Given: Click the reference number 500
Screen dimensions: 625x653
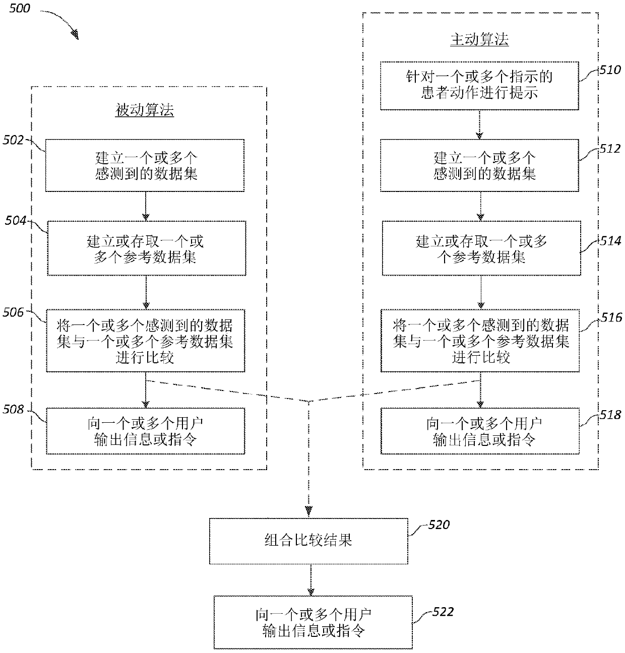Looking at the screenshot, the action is (x=20, y=8).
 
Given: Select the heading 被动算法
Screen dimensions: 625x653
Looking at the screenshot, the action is (x=145, y=110).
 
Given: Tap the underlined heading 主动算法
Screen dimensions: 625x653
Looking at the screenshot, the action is (x=479, y=40).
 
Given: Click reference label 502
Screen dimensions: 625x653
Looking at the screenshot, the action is (x=14, y=140).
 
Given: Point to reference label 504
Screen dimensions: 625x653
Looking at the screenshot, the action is (x=16, y=221).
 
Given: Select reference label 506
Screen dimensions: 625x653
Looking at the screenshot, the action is (x=14, y=312).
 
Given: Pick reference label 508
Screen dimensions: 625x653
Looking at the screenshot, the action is (x=14, y=409).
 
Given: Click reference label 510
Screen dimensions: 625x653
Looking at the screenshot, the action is (x=610, y=70).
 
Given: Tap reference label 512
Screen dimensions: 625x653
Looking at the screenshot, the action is (x=610, y=149).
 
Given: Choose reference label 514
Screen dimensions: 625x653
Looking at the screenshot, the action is (x=611, y=241).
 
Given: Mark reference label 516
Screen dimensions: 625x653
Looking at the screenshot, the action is (x=611, y=317).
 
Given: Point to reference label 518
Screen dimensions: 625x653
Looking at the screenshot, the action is (x=610, y=415).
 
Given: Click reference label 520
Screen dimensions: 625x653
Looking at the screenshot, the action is (x=439, y=525).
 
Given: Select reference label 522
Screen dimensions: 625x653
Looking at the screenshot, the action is (x=443, y=612).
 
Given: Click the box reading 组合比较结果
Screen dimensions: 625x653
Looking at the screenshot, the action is (x=308, y=541).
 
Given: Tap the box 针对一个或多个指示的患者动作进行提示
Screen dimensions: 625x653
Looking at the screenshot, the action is (x=479, y=86).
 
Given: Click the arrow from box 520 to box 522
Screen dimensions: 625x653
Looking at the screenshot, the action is (x=311, y=580).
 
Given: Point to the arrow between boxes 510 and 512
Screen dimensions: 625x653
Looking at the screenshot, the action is (x=479, y=124).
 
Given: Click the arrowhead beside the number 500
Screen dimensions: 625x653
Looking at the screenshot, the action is (x=75, y=35).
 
